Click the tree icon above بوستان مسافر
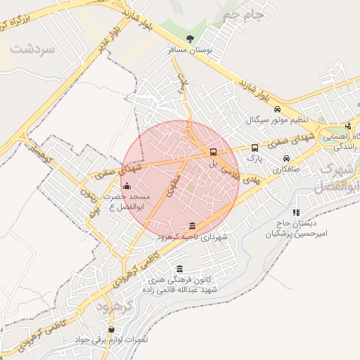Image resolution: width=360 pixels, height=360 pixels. tap(191, 38)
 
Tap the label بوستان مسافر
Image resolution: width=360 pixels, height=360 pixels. tap(191, 51)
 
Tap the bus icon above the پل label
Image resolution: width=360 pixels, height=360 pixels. tap(212, 152)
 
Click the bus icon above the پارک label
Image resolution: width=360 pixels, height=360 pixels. tap(255, 148)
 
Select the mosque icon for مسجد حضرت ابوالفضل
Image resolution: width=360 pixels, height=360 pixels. tap(127, 186)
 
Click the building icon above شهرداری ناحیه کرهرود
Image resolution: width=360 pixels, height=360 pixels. tap(193, 226)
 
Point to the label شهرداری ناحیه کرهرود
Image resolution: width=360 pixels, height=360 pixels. tap(194, 238)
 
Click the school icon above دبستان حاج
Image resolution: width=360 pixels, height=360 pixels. tap(296, 212)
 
